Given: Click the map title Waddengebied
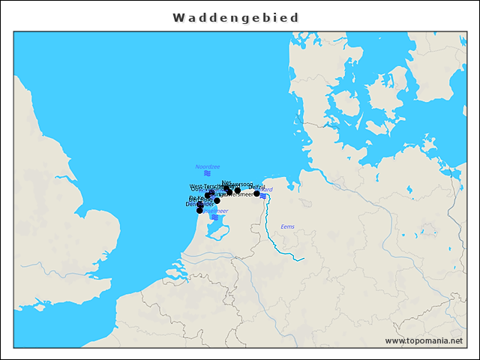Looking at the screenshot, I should [x=235, y=17].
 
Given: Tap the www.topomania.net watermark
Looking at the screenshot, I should [x=424, y=340].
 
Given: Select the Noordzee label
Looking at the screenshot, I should [x=207, y=166].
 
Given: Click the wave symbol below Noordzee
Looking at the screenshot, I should [x=207, y=173].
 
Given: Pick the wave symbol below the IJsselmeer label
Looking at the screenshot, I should [x=215, y=217].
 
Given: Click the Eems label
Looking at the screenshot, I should [x=287, y=226].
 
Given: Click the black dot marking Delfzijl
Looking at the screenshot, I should [x=256, y=193].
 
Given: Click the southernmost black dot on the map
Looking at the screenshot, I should [x=199, y=211].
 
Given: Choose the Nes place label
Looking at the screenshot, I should [x=226, y=181].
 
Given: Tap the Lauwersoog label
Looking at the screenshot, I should [x=241, y=184].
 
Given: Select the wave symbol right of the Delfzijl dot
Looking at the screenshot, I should [x=263, y=196].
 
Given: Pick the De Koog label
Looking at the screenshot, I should [x=200, y=198].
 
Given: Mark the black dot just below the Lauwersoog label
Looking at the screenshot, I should [x=238, y=190].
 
